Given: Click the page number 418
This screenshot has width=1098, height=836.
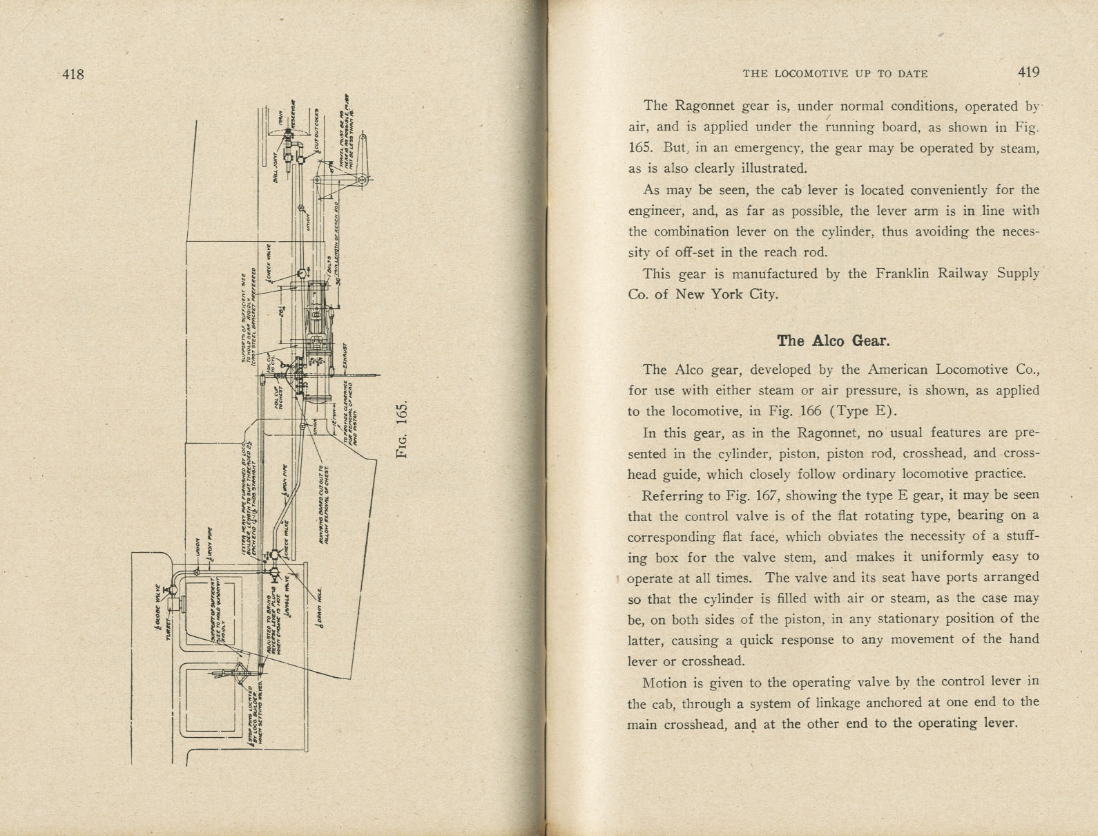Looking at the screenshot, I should [73, 74].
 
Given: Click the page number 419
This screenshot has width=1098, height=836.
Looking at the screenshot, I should [1028, 73].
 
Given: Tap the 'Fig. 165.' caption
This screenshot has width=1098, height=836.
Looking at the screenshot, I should [403, 429].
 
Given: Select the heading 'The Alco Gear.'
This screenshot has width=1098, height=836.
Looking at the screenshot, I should [833, 341].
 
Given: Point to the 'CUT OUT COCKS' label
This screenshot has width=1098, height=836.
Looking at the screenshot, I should [316, 127].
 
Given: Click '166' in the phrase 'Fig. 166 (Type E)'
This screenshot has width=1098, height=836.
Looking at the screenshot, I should [810, 411].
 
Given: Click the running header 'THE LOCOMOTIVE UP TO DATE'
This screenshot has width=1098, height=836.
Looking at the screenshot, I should [835, 74].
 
